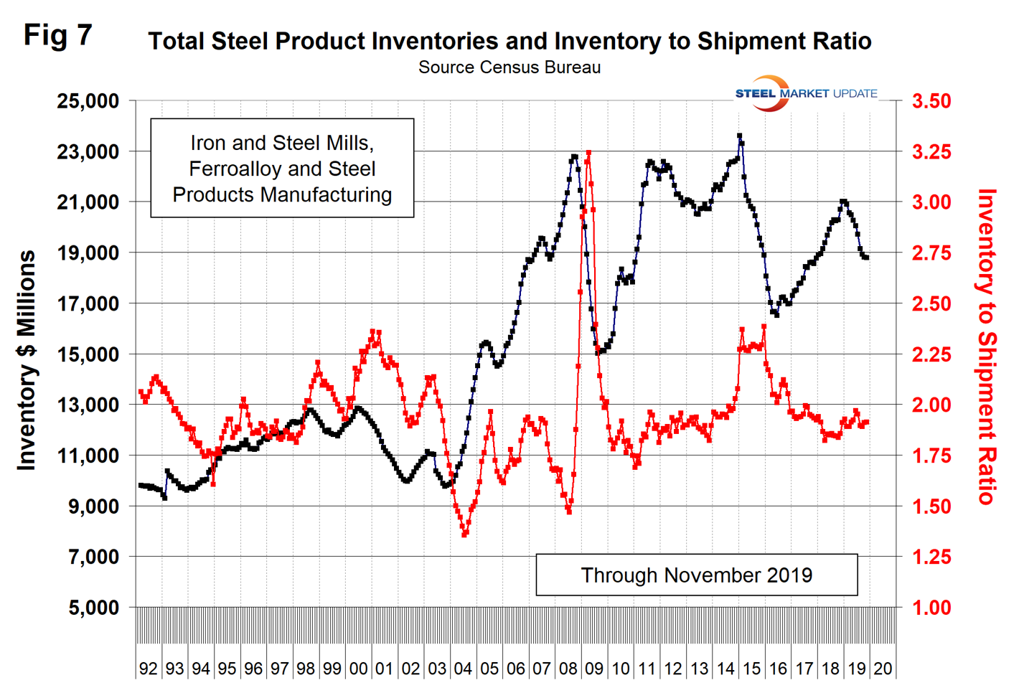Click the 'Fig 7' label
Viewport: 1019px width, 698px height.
(x=57, y=34)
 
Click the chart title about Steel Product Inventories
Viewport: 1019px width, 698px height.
(x=510, y=41)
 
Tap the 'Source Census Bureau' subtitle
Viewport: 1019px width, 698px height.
(x=510, y=67)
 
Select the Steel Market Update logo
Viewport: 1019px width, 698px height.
(x=805, y=93)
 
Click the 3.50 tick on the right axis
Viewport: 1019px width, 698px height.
(x=931, y=101)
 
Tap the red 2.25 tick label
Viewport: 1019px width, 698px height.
(x=931, y=354)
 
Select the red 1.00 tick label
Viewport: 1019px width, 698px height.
(x=931, y=608)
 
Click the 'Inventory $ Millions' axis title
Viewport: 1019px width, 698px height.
(x=27, y=360)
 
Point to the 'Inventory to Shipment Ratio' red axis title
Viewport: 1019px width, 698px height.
(x=988, y=346)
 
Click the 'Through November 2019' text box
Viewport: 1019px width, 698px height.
(x=696, y=575)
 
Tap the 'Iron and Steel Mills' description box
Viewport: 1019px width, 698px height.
(x=282, y=169)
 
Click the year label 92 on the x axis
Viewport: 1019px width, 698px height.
(x=148, y=669)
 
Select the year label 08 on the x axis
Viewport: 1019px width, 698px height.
(x=568, y=669)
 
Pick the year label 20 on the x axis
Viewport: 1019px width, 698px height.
(x=883, y=669)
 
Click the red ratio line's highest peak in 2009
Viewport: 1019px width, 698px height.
(x=588, y=153)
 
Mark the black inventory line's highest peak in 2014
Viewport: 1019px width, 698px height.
(x=739, y=136)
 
